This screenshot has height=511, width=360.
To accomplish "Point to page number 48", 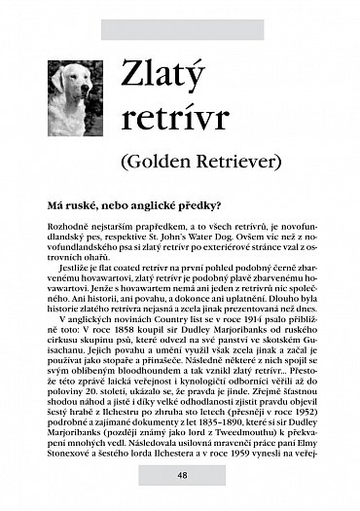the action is point(182,475).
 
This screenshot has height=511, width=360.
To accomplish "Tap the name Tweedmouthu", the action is point(241,434).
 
